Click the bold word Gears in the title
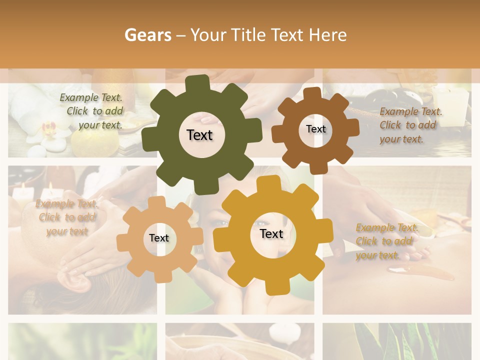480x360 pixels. (x=147, y=35)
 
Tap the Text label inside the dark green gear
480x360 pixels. (x=200, y=135)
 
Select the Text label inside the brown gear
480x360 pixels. (x=315, y=129)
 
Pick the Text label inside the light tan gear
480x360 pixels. (x=159, y=238)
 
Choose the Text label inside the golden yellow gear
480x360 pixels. (x=271, y=233)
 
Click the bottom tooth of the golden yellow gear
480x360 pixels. (x=271, y=287)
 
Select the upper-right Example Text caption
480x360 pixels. (x=409, y=125)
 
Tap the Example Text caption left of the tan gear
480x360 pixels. (x=67, y=217)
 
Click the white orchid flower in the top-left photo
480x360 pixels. (x=44, y=132)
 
